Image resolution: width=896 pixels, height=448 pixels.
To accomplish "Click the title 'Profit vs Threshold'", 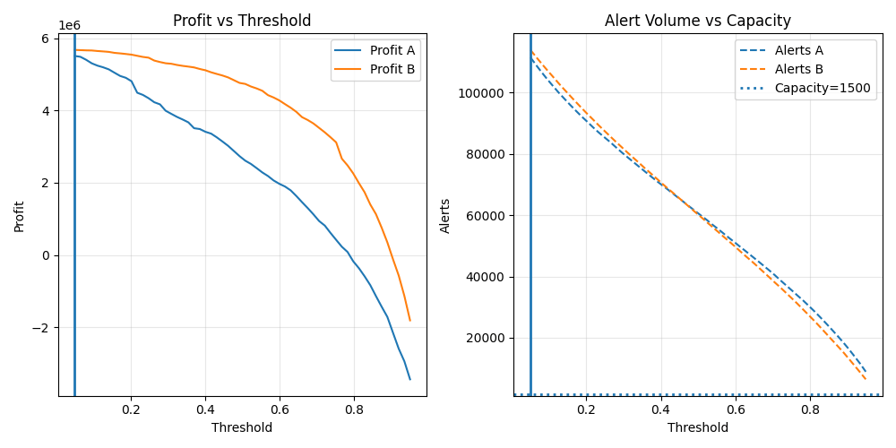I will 242,21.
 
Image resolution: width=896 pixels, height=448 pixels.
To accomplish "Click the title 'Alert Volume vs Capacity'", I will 697,21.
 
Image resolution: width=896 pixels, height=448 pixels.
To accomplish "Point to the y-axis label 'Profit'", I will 20,215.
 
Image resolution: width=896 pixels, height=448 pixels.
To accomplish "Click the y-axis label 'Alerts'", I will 445,215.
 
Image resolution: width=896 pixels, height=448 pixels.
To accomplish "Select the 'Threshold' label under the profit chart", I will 242,428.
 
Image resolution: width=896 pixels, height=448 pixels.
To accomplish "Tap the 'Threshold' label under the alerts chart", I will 697,428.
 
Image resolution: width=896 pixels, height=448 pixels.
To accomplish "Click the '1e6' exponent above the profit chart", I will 70,25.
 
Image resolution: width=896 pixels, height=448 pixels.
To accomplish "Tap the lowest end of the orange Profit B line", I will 409,320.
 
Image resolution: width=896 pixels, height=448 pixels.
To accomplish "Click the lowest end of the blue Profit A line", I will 409,379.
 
